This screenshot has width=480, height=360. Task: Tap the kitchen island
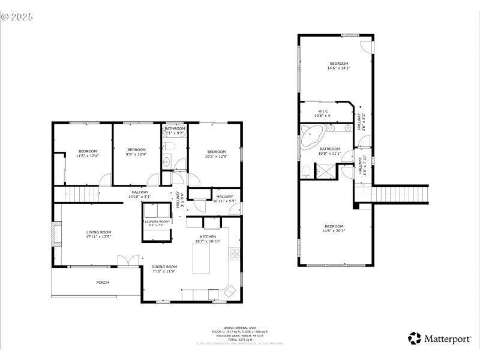click(201, 259)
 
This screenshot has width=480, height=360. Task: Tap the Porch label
click(103, 282)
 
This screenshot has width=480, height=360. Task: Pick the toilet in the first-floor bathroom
click(167, 146)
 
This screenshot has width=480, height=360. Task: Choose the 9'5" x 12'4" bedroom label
click(136, 152)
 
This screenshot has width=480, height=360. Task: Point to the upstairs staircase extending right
click(401, 195)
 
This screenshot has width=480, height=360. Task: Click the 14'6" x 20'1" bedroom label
click(334, 229)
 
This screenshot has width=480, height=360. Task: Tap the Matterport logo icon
click(415, 338)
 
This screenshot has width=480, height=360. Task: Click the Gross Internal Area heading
click(240, 328)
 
